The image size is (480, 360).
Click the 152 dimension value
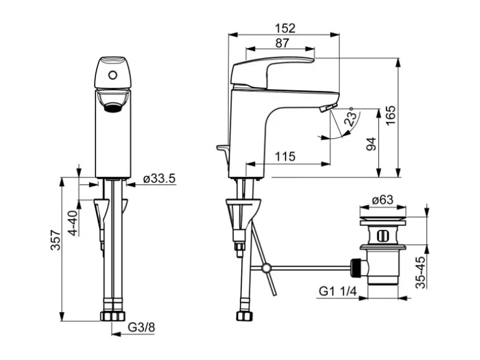click(284, 28)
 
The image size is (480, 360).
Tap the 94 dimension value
click(372, 144)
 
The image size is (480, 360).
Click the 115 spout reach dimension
click(285, 157)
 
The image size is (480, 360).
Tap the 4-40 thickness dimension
click(73, 222)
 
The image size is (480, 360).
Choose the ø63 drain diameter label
click(382, 200)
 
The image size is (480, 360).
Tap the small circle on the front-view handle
click(113, 76)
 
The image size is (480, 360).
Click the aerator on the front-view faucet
click(112, 107)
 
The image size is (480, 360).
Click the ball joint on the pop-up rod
click(267, 268)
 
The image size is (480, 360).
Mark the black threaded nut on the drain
click(357, 267)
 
